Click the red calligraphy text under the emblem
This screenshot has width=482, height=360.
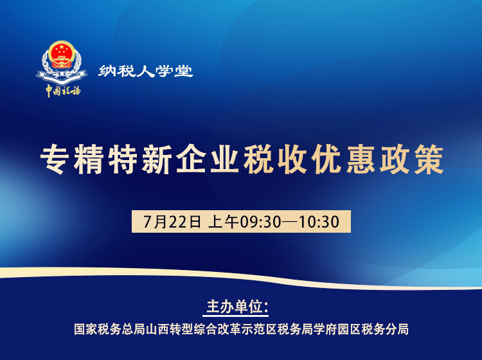click(x=62, y=90)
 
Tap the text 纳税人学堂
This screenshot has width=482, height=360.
click(x=146, y=71)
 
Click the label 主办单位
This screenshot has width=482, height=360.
click(x=237, y=306)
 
